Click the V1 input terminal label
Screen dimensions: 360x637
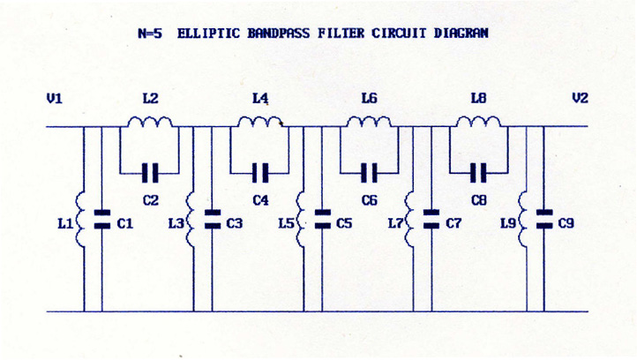point(55,99)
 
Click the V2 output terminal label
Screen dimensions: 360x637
point(580,99)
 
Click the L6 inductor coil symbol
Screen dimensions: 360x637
point(369,122)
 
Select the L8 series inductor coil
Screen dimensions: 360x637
point(478,122)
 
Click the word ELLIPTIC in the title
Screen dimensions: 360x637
point(208,34)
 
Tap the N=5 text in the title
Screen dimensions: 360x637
point(152,34)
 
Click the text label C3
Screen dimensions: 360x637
point(234,224)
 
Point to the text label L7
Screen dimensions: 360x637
point(395,224)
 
